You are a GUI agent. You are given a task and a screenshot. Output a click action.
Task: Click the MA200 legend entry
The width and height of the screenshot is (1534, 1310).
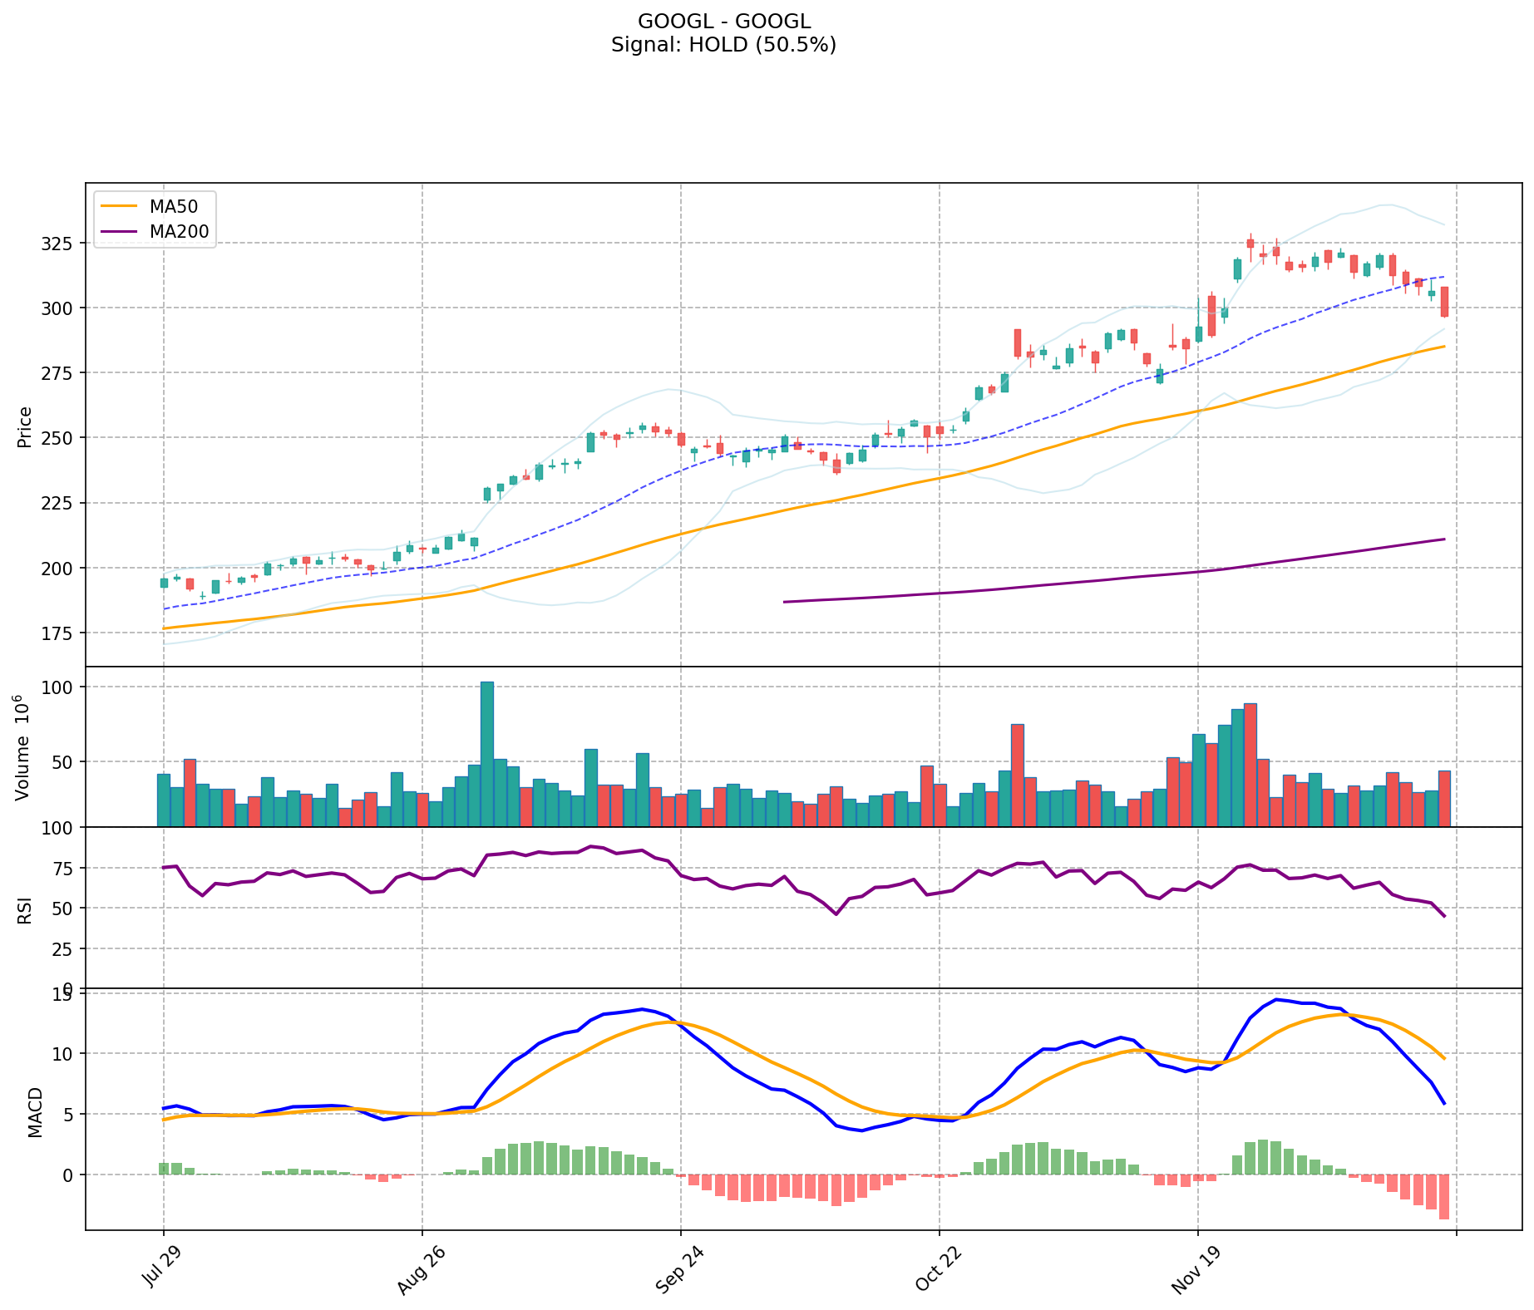pyautogui.click(x=179, y=232)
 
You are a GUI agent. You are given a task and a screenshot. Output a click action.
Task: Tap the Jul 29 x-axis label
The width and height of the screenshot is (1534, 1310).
pyautogui.click(x=160, y=1268)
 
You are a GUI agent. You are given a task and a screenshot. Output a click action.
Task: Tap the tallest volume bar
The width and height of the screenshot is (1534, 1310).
pyautogui.click(x=487, y=754)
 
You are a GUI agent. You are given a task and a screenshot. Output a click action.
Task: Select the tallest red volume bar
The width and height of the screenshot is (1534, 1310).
pyautogui.click(x=1250, y=765)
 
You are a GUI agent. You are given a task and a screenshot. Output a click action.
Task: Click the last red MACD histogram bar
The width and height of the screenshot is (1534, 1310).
pyautogui.click(x=1444, y=1196)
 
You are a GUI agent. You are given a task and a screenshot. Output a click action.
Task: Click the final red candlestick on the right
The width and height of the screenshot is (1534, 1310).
pyautogui.click(x=1444, y=302)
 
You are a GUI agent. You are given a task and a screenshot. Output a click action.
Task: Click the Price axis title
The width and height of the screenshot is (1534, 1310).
pyautogui.click(x=25, y=426)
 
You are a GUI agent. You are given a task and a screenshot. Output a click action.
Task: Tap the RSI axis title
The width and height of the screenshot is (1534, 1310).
pyautogui.click(x=25, y=909)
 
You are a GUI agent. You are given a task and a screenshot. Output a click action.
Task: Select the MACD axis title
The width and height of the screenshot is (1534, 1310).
pyautogui.click(x=35, y=1111)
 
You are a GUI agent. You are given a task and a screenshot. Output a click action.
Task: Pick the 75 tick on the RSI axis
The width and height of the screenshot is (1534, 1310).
pyautogui.click(x=66, y=868)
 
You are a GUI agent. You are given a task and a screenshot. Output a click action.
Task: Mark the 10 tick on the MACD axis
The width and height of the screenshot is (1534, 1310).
pyautogui.click(x=66, y=1054)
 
